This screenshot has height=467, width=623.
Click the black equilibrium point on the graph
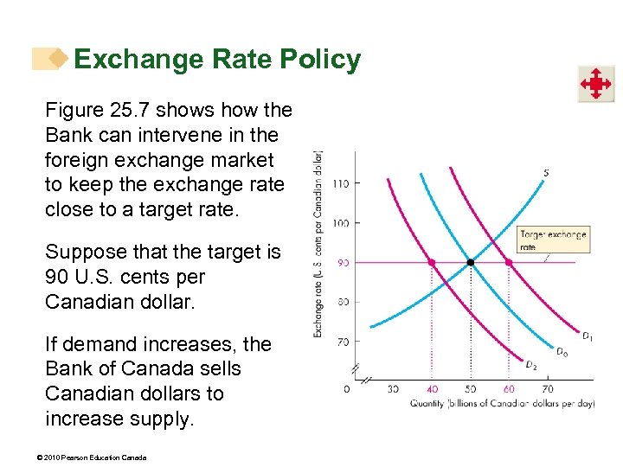coord(470,262)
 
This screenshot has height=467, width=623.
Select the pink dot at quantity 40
coord(431,262)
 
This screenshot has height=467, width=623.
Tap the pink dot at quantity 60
coord(509,262)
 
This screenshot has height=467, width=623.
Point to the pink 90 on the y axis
coord(343,263)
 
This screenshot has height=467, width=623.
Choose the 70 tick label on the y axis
coord(343,342)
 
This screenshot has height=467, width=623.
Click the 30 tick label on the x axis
coord(393,389)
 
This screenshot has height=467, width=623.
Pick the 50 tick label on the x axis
coord(470,389)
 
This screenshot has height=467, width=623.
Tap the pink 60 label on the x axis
coord(509,389)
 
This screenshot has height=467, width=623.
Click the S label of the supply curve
coord(546,173)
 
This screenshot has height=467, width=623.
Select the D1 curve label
coord(587,336)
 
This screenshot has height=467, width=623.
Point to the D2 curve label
coord(531,364)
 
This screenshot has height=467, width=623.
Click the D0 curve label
coord(562,352)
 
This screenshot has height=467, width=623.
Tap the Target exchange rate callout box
coord(553,240)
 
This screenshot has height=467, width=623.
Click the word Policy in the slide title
coord(320,60)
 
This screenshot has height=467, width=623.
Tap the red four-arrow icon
coord(596,85)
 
